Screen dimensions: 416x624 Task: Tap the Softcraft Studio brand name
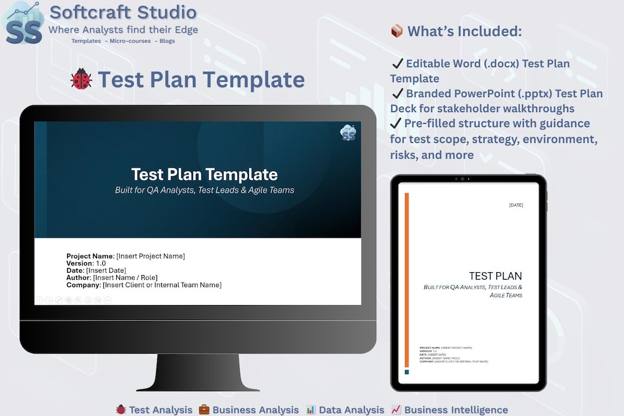(123, 12)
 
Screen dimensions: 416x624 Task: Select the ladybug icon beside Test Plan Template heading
(81, 79)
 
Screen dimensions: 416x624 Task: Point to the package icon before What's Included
(397, 31)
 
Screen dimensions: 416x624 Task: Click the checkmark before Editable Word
(398, 64)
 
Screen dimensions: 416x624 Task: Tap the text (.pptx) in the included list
(502, 94)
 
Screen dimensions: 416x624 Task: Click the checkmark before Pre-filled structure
(396, 124)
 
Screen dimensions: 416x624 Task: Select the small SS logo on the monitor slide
(348, 133)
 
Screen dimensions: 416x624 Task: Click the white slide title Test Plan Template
(204, 174)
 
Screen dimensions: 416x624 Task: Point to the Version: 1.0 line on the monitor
(86, 263)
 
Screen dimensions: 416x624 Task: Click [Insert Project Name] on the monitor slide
(151, 256)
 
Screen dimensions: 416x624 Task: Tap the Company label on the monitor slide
(83, 285)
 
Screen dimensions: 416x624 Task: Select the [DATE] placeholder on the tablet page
(516, 205)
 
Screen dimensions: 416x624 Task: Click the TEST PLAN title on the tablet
(495, 276)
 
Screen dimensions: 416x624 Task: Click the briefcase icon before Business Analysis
(204, 410)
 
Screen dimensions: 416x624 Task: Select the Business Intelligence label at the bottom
(456, 410)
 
